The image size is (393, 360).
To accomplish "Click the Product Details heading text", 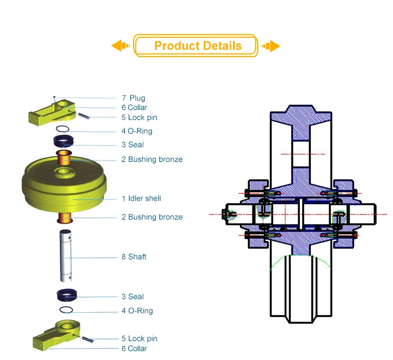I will [x=198, y=46].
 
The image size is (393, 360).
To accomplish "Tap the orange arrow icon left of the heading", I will [x=121, y=46].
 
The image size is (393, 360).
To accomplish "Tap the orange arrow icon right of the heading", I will [x=271, y=46].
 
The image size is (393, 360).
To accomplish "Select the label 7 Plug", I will [x=133, y=98].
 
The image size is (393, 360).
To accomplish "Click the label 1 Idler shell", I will [x=141, y=199].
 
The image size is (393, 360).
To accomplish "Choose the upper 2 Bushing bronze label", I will [x=152, y=159].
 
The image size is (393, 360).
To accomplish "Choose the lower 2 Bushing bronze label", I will [x=152, y=217].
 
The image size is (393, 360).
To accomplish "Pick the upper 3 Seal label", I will [x=133, y=145].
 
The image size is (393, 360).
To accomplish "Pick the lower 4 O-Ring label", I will [x=137, y=311].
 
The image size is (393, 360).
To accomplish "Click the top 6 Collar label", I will [x=134, y=107].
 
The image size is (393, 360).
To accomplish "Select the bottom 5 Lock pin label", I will [x=139, y=339].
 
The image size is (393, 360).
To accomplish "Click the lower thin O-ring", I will [x=65, y=310].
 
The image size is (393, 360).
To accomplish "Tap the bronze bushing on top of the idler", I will [x=64, y=157].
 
